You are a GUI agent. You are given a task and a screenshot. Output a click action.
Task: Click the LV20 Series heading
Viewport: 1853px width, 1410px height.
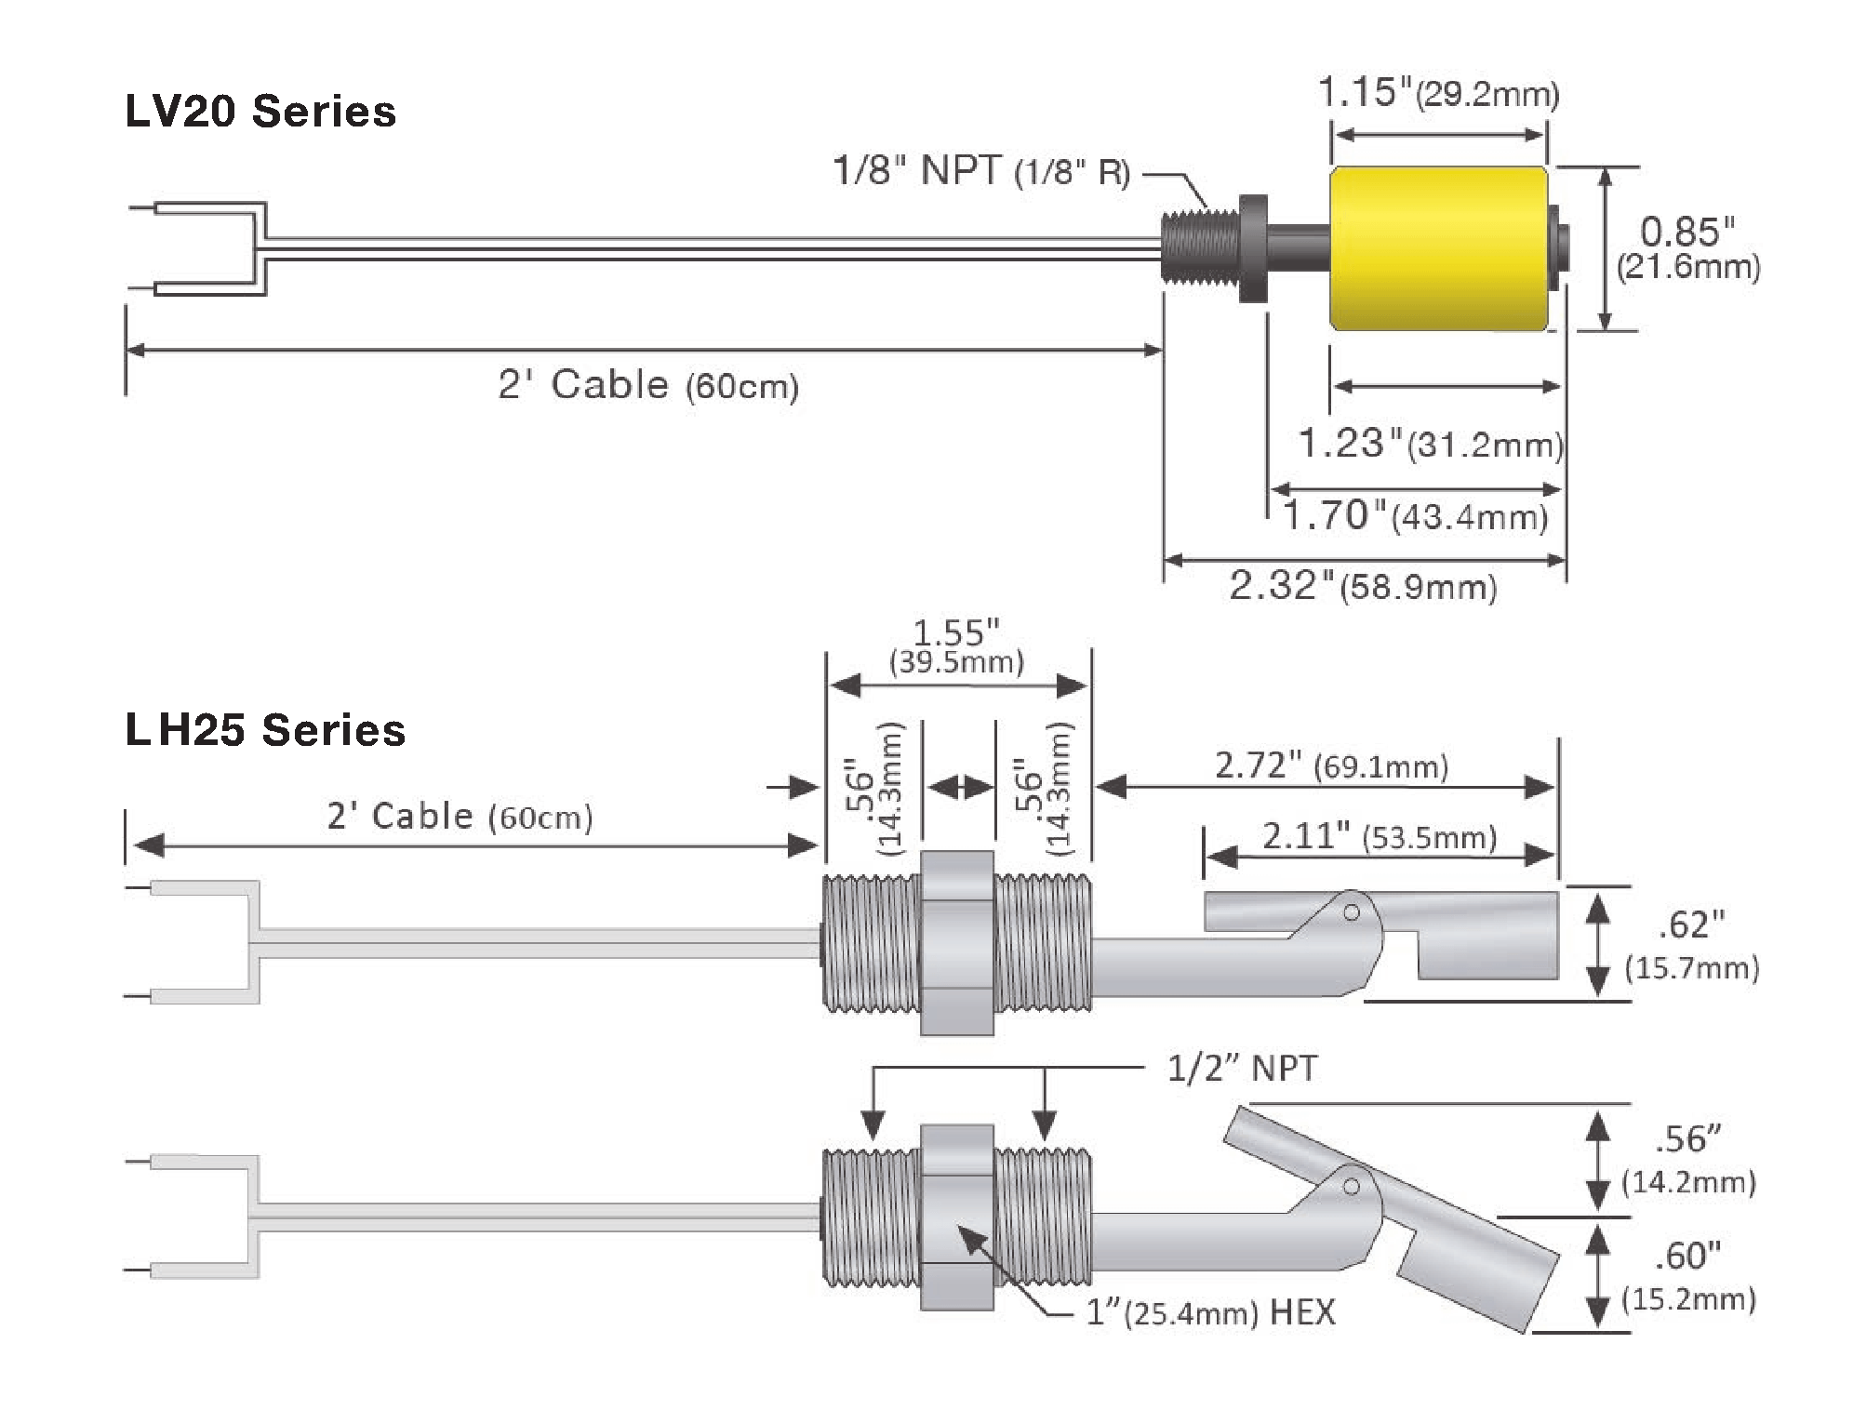coord(260,112)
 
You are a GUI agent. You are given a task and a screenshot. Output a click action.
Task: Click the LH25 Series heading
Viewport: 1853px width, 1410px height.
coord(265,730)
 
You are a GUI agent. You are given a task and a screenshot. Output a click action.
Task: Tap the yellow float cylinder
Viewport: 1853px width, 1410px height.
coord(1439,248)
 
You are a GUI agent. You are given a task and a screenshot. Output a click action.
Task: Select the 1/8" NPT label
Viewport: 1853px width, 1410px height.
coord(980,171)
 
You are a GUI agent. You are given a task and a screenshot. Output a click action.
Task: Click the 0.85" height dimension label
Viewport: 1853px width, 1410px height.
coord(1687,247)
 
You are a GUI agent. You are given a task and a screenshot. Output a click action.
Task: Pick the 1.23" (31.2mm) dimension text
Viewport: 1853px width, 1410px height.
coord(1430,444)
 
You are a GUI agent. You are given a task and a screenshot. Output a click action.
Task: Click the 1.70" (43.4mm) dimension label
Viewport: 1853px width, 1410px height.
coord(1415,515)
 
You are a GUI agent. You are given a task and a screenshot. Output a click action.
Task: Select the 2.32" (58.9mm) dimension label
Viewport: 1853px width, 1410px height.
coord(1364,587)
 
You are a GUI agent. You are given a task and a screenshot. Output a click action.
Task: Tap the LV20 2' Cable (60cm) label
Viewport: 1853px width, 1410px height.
coord(648,385)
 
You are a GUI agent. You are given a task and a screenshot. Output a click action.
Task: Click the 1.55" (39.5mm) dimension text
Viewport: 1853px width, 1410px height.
coord(956,646)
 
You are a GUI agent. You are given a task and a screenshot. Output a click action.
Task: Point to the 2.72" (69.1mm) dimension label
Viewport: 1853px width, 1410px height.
coord(1331,765)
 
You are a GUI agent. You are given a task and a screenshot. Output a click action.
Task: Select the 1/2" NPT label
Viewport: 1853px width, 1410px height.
coord(1242,1069)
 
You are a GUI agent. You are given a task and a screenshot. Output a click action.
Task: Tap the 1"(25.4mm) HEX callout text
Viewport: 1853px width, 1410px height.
coord(1210,1312)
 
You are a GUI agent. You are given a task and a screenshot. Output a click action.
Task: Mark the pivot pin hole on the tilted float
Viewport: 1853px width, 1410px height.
coord(1352,1186)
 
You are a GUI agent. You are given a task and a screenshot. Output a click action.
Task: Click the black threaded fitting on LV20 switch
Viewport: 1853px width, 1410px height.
coord(1201,248)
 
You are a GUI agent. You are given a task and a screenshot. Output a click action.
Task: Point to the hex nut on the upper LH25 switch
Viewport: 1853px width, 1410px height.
coord(956,943)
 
